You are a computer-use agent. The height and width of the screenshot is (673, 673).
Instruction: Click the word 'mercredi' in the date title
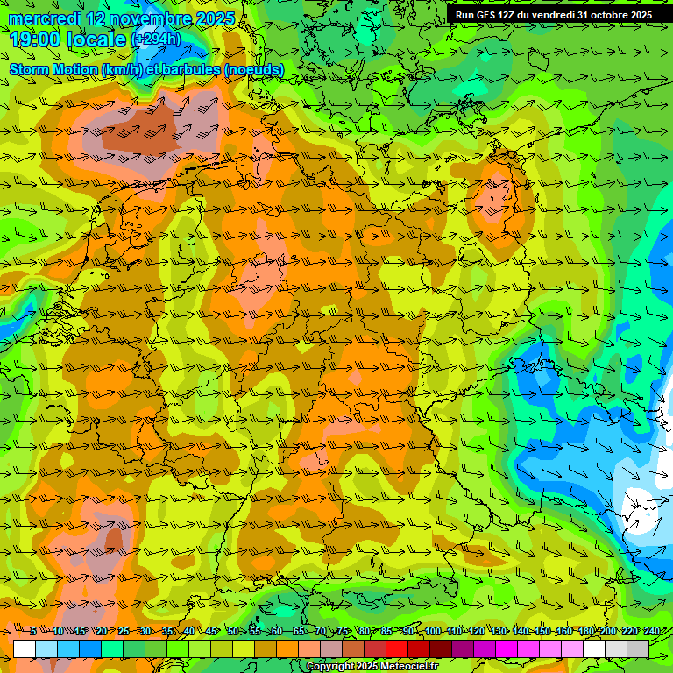39,18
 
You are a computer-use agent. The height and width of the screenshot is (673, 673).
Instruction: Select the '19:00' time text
36,39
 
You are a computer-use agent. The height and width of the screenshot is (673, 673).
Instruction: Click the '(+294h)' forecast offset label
156,39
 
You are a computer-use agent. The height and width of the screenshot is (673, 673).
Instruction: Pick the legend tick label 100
431,631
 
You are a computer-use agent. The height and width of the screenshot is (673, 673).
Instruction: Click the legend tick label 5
33,631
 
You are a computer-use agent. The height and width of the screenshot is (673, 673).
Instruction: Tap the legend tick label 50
233,631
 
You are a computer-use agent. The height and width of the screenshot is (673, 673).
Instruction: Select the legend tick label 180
584,631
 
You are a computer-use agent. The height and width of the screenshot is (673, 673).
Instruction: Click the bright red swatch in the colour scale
397,648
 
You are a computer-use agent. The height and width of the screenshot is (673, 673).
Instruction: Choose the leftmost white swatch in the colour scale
25,648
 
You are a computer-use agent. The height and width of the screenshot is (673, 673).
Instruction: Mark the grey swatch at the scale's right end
638,648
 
